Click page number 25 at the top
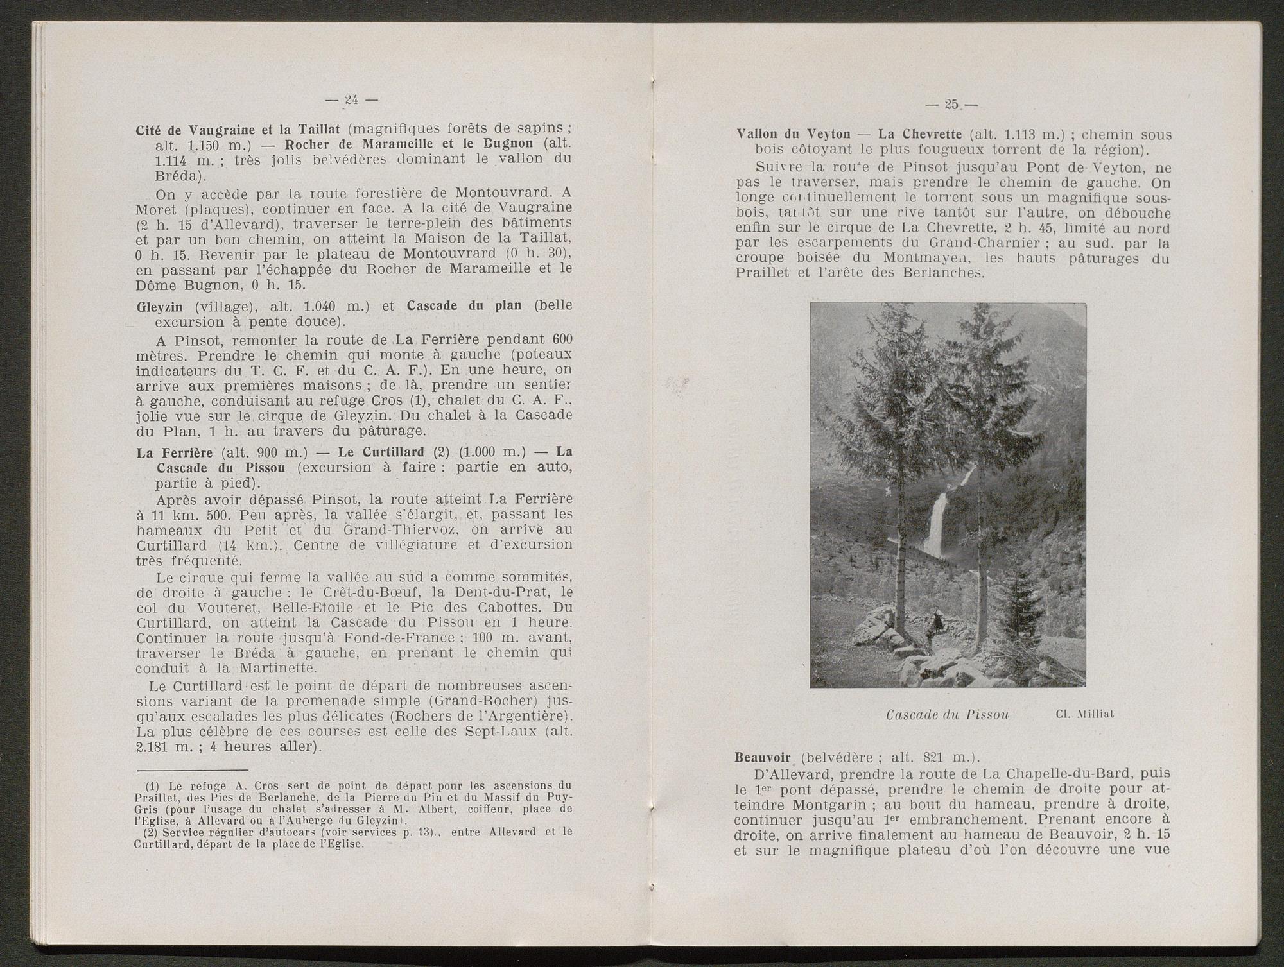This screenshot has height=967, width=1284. coord(951,104)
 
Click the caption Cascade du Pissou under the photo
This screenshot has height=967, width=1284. coord(947,714)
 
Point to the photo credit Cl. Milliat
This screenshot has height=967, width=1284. coord(1084,714)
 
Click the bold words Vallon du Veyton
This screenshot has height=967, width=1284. coord(792,135)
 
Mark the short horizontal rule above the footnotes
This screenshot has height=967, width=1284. coord(192,769)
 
